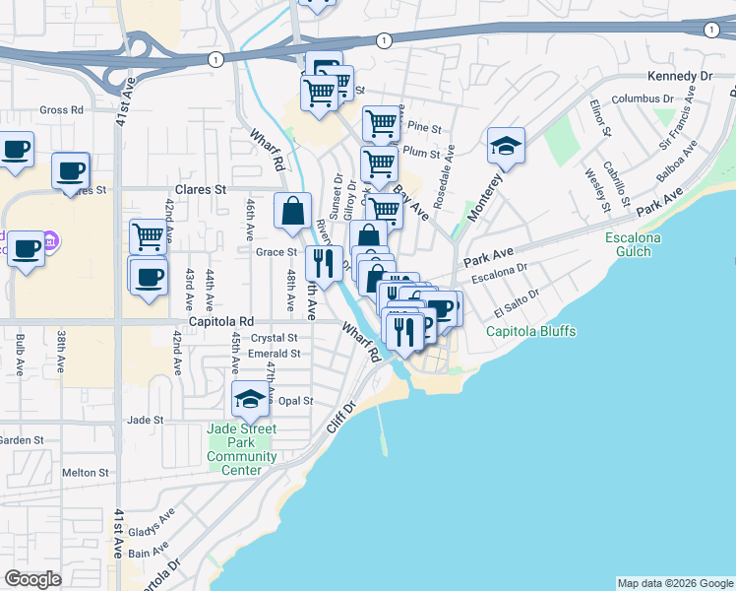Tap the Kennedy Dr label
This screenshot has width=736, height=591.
pyautogui.click(x=679, y=77)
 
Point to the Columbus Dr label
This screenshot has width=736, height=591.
pyautogui.click(x=642, y=99)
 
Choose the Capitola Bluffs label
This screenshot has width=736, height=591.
pyautogui.click(x=531, y=331)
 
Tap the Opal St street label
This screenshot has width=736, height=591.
pyautogui.click(x=295, y=401)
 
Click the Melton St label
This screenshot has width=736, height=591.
pyautogui.click(x=85, y=473)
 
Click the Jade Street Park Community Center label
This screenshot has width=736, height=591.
pyautogui.click(x=242, y=449)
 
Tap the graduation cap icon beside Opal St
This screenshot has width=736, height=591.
pyautogui.click(x=251, y=399)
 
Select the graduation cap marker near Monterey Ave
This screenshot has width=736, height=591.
pyautogui.click(x=506, y=146)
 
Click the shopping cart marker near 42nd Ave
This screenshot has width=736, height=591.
pyautogui.click(x=148, y=236)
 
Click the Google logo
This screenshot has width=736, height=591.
pyautogui.click(x=33, y=579)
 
